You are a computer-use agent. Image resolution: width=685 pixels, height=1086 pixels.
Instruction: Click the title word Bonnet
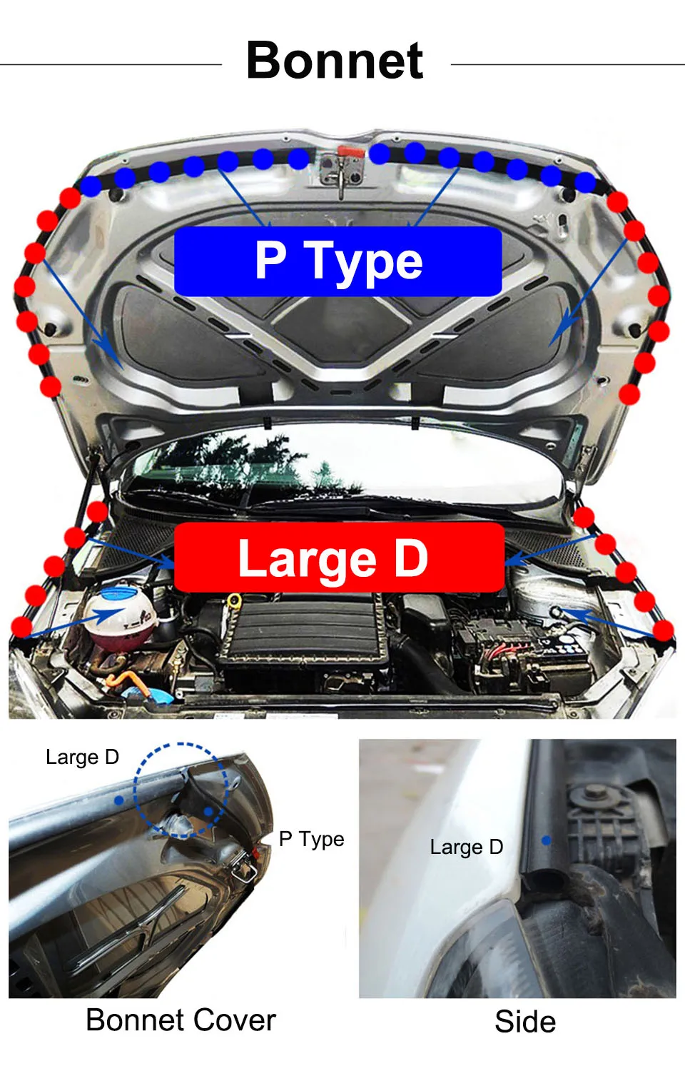pos(335,61)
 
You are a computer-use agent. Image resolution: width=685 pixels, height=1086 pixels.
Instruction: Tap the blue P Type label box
pos(338,261)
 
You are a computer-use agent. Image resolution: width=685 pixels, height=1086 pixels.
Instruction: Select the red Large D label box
pos(338,558)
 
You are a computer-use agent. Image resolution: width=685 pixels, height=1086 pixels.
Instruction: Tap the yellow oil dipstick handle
pos(233,601)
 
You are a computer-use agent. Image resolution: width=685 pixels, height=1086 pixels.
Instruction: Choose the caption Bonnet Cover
pos(181,1020)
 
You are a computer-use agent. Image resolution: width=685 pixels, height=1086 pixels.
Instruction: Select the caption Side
pos(525,1021)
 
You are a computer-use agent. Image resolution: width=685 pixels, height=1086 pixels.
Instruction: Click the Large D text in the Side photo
pos(467,847)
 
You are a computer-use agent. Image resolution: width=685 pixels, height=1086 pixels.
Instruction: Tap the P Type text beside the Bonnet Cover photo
pos(311,839)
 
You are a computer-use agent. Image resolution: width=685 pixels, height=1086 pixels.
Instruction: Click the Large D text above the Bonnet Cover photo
pos(82,757)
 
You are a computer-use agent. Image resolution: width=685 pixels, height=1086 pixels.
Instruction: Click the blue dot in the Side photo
pos(547,840)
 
